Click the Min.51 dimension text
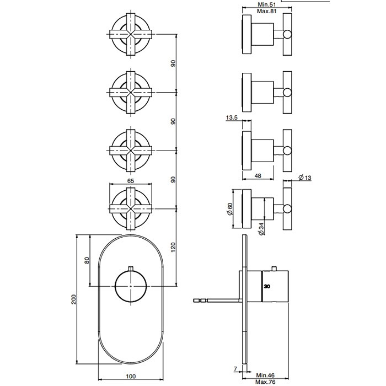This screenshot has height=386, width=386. (x=267, y=4)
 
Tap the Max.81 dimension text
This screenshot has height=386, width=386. (x=267, y=11)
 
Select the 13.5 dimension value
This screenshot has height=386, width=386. (x=232, y=117)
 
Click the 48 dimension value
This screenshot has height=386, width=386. (x=258, y=176)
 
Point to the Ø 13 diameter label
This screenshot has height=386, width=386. (x=305, y=177)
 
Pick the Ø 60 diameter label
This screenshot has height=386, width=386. (x=230, y=209)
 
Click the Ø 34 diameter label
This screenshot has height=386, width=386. (x=261, y=229)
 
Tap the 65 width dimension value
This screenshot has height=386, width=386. (x=131, y=181)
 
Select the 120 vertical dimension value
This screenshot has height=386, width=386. (x=173, y=247)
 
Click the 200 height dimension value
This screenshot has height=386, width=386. (x=74, y=299)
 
